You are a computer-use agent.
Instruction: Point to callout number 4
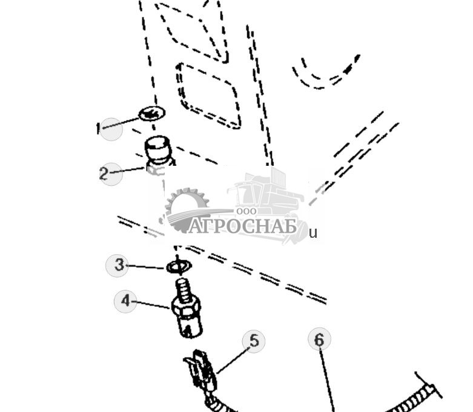(125, 301)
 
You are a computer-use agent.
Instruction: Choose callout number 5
(254, 341)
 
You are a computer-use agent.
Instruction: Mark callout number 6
(319, 339)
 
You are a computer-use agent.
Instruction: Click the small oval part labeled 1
(151, 113)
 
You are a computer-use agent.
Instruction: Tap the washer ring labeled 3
(178, 266)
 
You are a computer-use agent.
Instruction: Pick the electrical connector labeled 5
(201, 370)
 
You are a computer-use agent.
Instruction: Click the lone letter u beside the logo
(313, 233)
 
